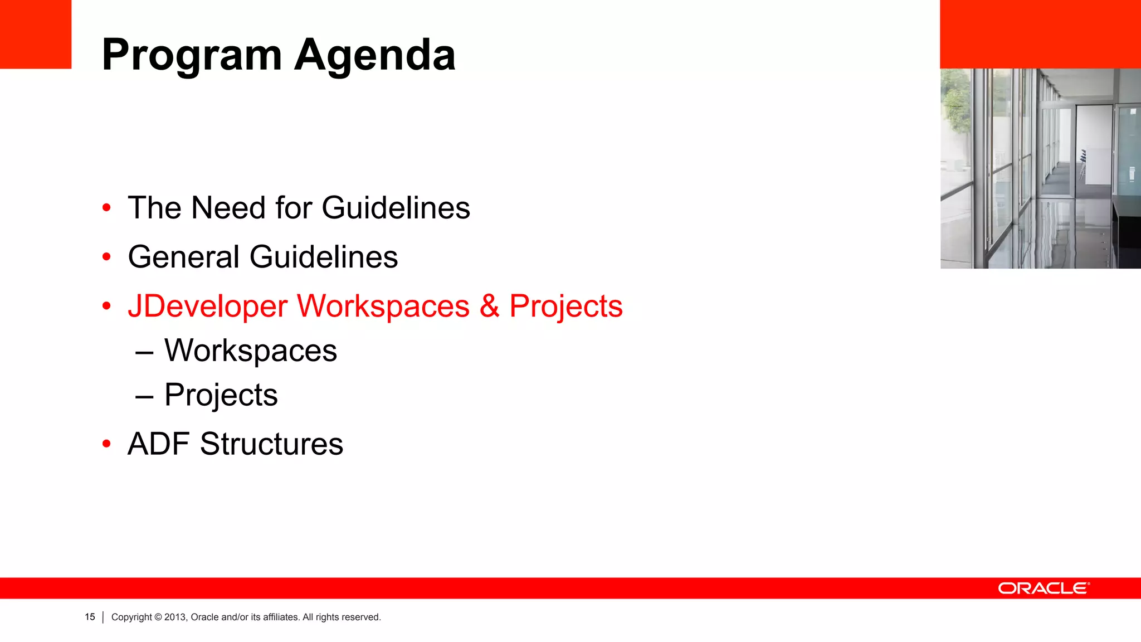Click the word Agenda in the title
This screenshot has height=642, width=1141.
pyautogui.click(x=375, y=55)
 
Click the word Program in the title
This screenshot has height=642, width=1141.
pyautogui.click(x=192, y=56)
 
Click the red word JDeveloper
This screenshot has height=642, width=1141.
pyautogui.click(x=207, y=307)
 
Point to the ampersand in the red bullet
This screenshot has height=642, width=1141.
pyautogui.click(x=489, y=306)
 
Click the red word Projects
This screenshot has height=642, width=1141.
pyautogui.click(x=565, y=307)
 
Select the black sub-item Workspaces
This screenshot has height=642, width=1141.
pyautogui.click(x=250, y=351)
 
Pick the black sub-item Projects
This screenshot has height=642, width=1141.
pyautogui.click(x=221, y=395)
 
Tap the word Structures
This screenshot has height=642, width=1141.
pyautogui.click(x=271, y=444)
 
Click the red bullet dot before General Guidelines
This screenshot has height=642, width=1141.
pyautogui.click(x=106, y=257)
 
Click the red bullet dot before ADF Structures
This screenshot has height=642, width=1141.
pyautogui.click(x=106, y=444)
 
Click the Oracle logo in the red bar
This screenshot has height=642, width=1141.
pyautogui.click(x=1044, y=588)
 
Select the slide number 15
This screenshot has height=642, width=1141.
pyautogui.click(x=90, y=617)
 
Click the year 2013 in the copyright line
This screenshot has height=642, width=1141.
pyautogui.click(x=175, y=617)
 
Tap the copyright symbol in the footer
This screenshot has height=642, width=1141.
pyautogui.click(x=158, y=617)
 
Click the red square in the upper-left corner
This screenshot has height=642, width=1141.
pyautogui.click(x=36, y=34)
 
